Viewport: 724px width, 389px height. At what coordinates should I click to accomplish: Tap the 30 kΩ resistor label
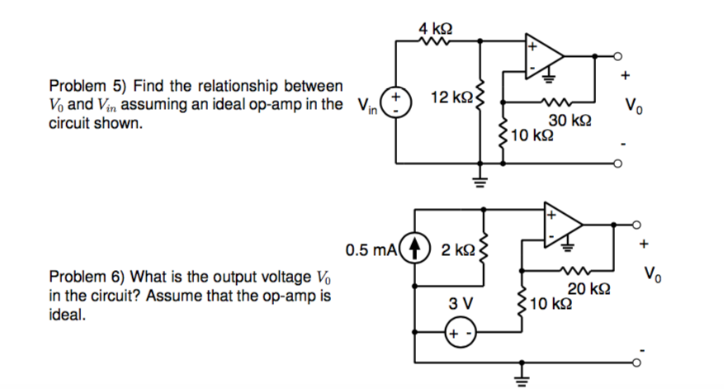coord(570,121)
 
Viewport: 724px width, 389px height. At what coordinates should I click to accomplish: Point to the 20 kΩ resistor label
coord(589,288)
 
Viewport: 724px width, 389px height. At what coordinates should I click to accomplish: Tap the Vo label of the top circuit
coord(632,106)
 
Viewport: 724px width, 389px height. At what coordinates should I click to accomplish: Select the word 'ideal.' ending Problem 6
coord(66,315)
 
